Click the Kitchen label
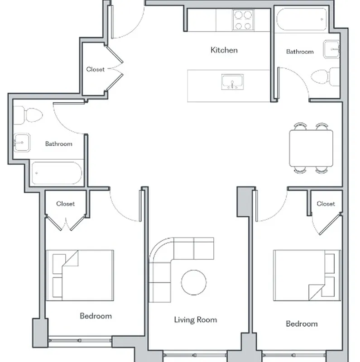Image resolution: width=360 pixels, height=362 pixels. [224, 50]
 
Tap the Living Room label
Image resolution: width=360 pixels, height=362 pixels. [196, 320]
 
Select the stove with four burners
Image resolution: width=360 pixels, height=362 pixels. [243, 20]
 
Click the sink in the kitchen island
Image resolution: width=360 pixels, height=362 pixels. [233, 83]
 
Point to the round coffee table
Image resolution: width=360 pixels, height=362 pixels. [194, 282]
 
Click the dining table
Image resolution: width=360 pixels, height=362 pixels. [311, 148]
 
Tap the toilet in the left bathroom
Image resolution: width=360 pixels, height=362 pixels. [27, 115]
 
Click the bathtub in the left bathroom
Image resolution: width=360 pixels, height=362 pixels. [56, 173]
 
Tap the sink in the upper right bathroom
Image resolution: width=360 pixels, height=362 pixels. [331, 49]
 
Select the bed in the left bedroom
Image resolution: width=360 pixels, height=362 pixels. [80, 275]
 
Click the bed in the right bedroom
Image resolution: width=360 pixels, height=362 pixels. [307, 274]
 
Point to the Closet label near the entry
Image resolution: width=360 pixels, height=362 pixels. [95, 69]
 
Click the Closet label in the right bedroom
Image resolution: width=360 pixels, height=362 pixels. [326, 204]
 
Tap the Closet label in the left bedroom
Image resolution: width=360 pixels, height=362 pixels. [66, 204]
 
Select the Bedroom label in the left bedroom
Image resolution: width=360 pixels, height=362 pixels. [96, 316]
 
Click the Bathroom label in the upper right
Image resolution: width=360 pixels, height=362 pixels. [299, 52]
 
